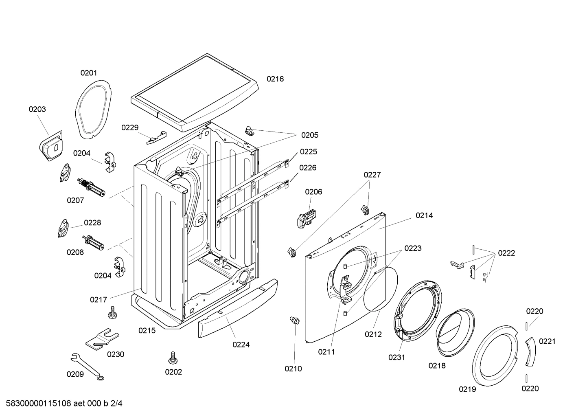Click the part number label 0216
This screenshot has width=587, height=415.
275,79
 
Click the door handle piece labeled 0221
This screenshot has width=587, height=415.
530,351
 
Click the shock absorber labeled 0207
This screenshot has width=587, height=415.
91,187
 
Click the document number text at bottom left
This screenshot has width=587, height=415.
61,404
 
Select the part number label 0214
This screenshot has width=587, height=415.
424,215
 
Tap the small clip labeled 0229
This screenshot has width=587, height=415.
157,138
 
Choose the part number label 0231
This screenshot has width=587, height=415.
396,357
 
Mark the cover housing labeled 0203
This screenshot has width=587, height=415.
51,146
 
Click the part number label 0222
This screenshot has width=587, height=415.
506,253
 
